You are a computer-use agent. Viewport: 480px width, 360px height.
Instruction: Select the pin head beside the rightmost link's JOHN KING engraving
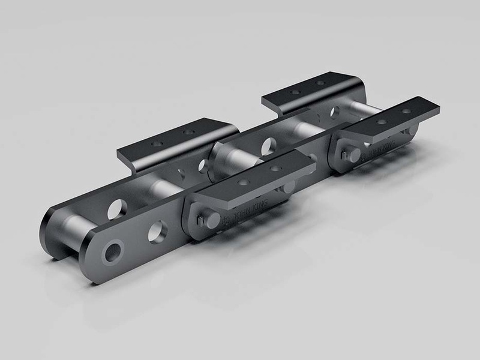pyautogui.click(x=352, y=155)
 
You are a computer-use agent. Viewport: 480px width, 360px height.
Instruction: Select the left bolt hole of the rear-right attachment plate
pyautogui.click(x=295, y=92)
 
